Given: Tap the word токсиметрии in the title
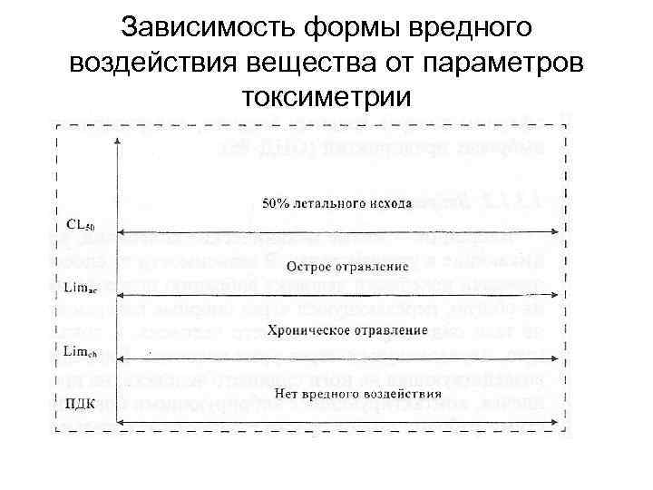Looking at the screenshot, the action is pos(327,93).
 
